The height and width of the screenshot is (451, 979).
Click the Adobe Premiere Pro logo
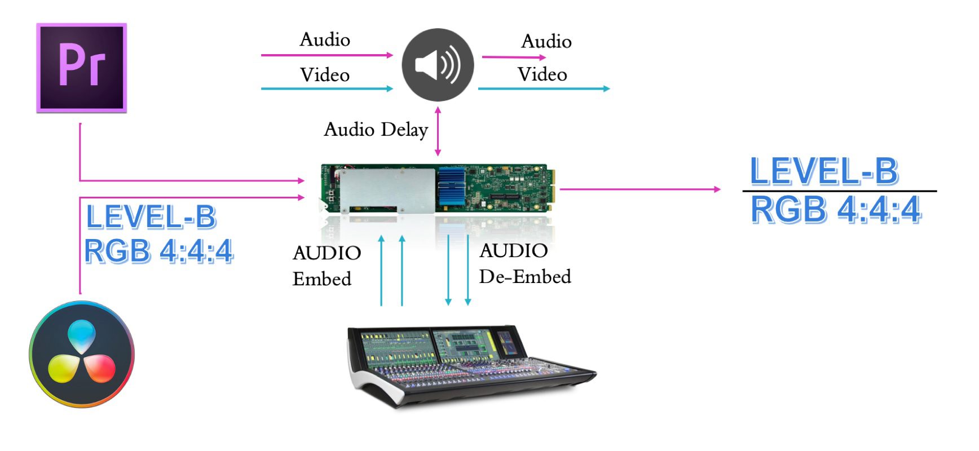pyautogui.click(x=82, y=68)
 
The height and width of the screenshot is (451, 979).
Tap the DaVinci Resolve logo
pyautogui.click(x=82, y=354)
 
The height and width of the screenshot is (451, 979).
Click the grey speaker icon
pyautogui.click(x=438, y=65)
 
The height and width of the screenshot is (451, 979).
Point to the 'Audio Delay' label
pyautogui.click(x=376, y=130)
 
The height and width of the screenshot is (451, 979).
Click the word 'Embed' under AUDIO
pyautogui.click(x=322, y=278)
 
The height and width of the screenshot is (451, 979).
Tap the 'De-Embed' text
pyautogui.click(x=525, y=276)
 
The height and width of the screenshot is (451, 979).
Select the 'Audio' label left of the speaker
pyautogui.click(x=325, y=39)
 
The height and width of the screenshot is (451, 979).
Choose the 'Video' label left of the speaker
pyautogui.click(x=325, y=74)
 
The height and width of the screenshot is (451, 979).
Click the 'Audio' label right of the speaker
pyautogui.click(x=546, y=41)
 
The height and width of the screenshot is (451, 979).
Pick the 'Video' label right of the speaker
pyautogui.click(x=543, y=74)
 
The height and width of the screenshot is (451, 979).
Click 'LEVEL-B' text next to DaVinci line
pyautogui.click(x=151, y=217)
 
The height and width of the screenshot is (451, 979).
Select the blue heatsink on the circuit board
pyautogui.click(x=452, y=186)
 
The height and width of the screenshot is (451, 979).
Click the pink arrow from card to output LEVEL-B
pyautogui.click(x=640, y=189)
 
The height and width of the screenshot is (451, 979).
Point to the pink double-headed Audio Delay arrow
pyautogui.click(x=438, y=131)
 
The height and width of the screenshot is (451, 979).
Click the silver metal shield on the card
pyautogui.click(x=387, y=189)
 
